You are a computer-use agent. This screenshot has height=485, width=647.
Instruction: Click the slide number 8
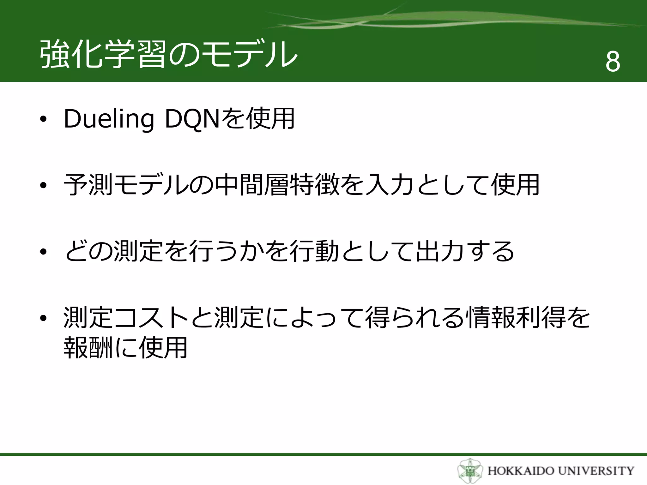[613, 61]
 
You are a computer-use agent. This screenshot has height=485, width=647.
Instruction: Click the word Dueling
[109, 119]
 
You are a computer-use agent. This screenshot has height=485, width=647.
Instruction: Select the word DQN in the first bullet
[192, 119]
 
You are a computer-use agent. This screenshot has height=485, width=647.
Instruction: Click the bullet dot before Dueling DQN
[43, 119]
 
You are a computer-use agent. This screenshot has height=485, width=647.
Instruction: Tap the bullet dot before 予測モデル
[43, 186]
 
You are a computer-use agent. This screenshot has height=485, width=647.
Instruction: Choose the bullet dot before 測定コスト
[43, 318]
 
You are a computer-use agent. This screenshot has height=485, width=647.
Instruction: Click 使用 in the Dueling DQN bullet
[270, 119]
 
